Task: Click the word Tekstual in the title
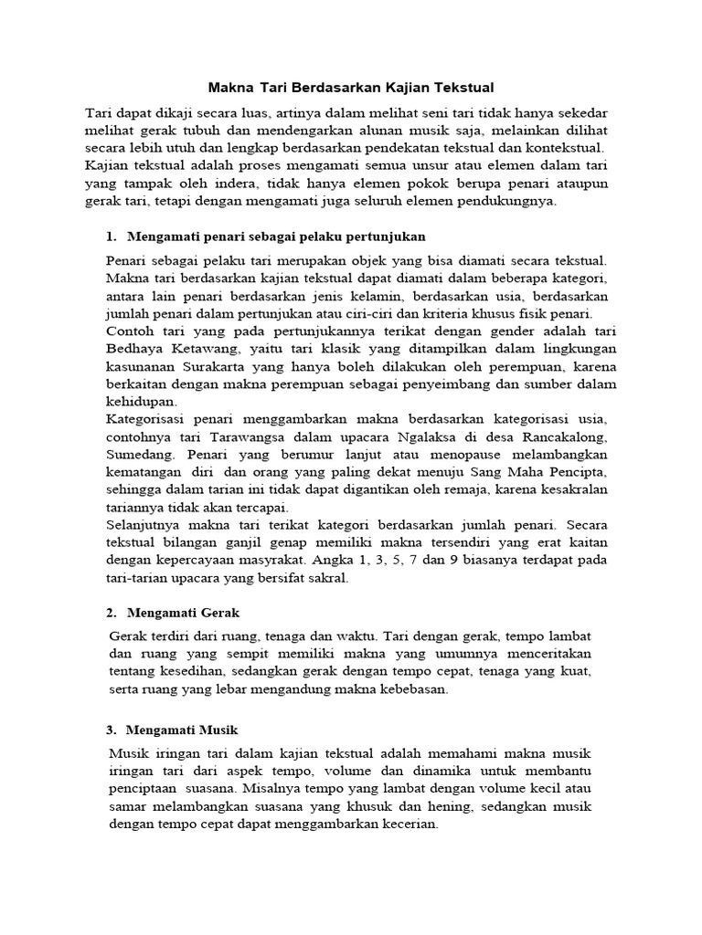tap(462, 88)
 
